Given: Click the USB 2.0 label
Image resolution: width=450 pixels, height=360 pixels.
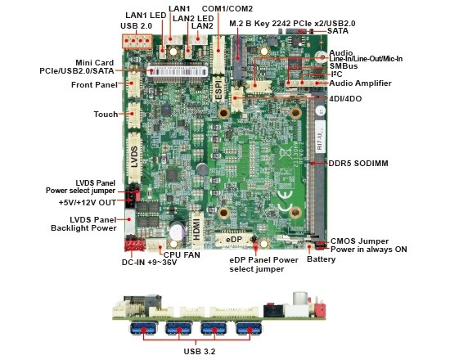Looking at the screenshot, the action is [x=136, y=26].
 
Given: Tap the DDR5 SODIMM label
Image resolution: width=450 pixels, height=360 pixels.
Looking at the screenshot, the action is [x=358, y=164].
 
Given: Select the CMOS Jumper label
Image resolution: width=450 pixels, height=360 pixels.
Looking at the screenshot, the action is [x=360, y=241].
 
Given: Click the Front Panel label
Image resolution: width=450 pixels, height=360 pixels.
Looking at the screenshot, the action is [x=94, y=85].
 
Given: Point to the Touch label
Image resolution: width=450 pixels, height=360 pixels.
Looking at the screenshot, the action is [x=106, y=115].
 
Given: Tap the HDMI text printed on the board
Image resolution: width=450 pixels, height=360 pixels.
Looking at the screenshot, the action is [x=196, y=229].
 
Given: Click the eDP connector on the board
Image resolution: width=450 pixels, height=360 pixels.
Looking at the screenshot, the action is [x=234, y=240].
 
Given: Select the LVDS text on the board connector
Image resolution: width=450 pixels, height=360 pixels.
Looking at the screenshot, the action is [x=134, y=157].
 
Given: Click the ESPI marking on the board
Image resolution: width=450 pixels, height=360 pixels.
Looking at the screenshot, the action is [x=219, y=90].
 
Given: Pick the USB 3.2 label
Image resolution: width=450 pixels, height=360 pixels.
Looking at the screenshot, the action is [x=200, y=351].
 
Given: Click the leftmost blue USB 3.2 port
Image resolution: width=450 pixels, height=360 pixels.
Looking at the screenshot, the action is [x=143, y=328].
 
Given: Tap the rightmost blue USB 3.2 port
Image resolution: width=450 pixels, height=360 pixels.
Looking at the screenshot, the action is [x=249, y=328].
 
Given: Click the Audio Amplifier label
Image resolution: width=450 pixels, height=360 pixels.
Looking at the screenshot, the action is [x=360, y=83].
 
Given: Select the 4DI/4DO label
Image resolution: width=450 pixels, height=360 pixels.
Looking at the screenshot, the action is [x=345, y=99].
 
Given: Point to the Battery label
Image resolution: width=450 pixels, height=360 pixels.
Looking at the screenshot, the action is [x=322, y=259].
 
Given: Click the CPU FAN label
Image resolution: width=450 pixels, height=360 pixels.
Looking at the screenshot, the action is [x=182, y=254].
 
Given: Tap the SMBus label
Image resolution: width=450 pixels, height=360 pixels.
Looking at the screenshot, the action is [x=344, y=66].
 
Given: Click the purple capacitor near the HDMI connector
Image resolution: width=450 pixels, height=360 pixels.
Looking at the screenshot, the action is [x=178, y=231].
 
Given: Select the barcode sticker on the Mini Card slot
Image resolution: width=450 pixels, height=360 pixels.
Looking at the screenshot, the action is [x=177, y=71].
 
